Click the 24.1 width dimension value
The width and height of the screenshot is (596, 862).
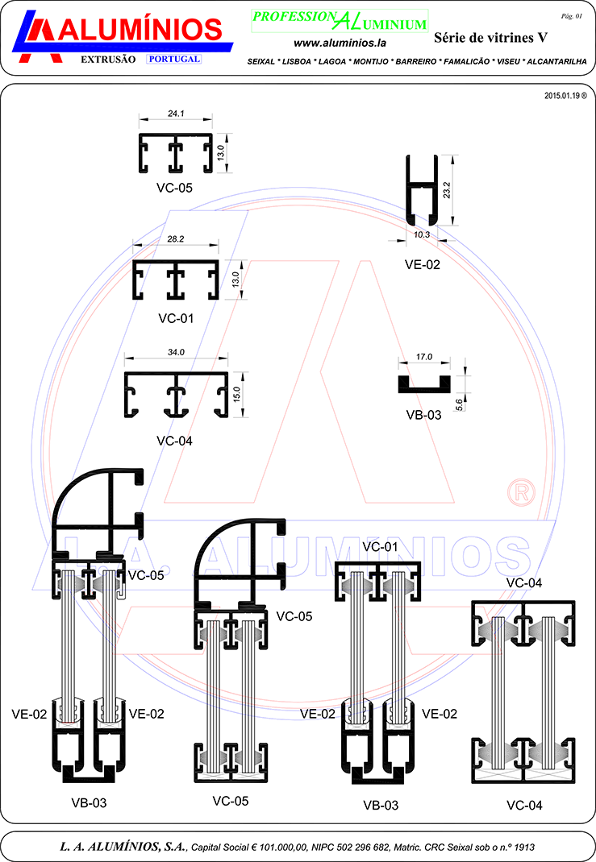(176, 114)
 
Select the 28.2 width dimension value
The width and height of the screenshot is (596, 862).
(176, 239)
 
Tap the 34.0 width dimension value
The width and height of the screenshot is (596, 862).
(176, 352)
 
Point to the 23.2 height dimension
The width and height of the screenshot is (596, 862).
(447, 190)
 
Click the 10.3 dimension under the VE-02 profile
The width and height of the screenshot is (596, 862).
(422, 234)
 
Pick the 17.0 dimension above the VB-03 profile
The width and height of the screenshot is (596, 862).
(424, 357)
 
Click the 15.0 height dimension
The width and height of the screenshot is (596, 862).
(236, 394)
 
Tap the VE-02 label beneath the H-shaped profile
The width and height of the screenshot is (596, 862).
(423, 264)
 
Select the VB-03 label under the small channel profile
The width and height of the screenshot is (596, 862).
(423, 415)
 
